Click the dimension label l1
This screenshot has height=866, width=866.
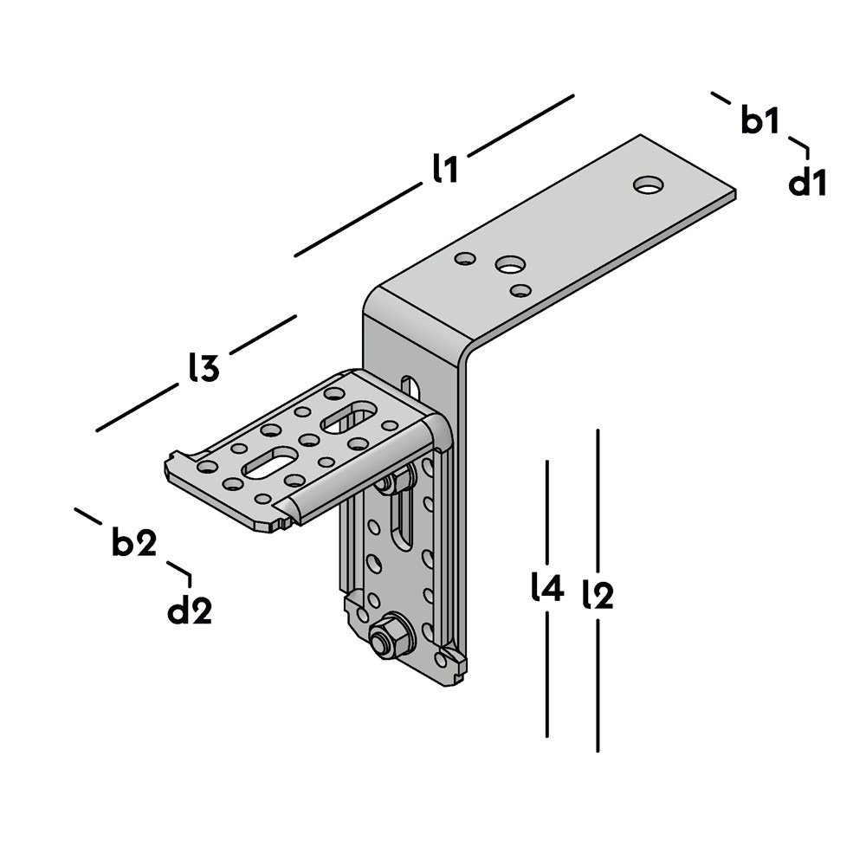[445, 169]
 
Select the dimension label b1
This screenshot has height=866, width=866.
[760, 120]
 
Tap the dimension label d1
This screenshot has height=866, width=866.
[807, 182]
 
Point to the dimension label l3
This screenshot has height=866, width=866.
[204, 367]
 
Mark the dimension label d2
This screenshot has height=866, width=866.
[190, 611]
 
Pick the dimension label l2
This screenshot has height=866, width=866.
[598, 595]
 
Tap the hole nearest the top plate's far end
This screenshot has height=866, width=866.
[648, 185]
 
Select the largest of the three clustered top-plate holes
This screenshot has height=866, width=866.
[509, 264]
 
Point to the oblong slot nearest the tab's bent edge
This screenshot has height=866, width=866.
[348, 417]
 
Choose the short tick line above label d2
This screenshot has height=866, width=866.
[181, 572]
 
